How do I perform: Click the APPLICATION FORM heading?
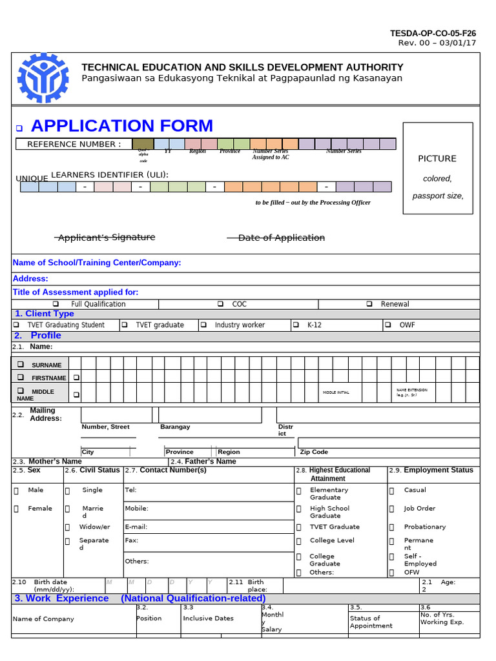[x=121, y=126]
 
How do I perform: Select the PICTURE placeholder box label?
[x=437, y=159]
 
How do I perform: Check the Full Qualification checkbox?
[x=56, y=304]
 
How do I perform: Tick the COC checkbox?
[x=221, y=304]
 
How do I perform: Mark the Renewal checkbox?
[x=369, y=304]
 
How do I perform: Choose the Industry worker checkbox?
[x=203, y=325]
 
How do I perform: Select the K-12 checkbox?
[x=296, y=325]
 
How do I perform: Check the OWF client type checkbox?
[x=388, y=325]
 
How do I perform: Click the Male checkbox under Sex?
[x=16, y=491]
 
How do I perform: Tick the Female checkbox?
[x=16, y=509]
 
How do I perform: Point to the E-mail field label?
[x=136, y=527]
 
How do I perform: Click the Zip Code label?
[x=314, y=452]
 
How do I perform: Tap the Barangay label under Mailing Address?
[x=175, y=427]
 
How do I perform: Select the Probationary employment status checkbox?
[x=392, y=527]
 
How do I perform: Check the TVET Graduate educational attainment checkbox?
[x=299, y=527]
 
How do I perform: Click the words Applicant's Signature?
[x=106, y=238]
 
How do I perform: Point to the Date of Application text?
[x=281, y=238]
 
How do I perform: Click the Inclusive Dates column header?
[x=208, y=618]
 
